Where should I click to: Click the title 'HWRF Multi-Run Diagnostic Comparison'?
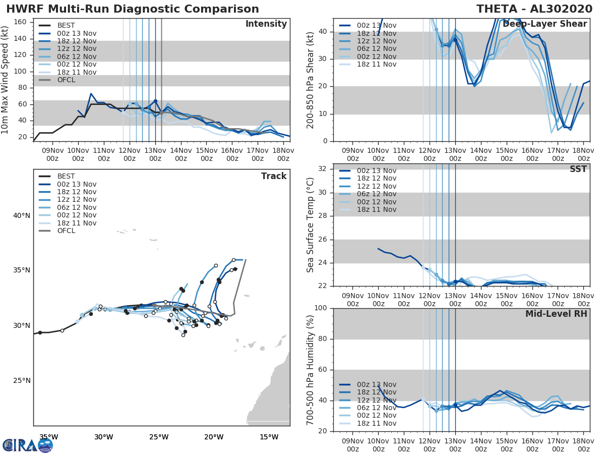(x=133, y=9)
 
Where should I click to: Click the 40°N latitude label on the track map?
(x=22, y=216)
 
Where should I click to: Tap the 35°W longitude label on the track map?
(x=48, y=437)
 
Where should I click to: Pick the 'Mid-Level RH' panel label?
(x=556, y=314)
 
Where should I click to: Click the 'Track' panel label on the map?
(x=274, y=176)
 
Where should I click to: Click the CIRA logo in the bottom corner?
(x=28, y=445)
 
